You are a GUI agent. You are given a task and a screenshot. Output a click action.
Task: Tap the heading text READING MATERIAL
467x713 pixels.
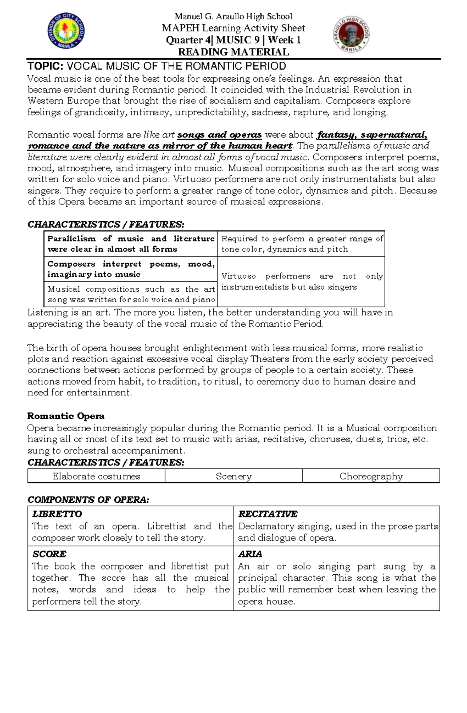click(x=233, y=52)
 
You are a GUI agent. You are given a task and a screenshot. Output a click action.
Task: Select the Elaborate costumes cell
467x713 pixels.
click(x=96, y=476)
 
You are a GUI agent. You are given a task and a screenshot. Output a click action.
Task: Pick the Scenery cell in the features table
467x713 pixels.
click(x=233, y=476)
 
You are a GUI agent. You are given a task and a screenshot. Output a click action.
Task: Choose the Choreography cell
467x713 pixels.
click(x=371, y=476)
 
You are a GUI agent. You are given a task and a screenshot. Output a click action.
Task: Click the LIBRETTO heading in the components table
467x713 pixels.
click(x=57, y=514)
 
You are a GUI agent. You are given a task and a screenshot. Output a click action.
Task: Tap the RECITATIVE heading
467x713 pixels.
click(x=268, y=514)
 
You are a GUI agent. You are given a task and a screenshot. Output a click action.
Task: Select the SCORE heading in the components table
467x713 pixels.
click(x=49, y=554)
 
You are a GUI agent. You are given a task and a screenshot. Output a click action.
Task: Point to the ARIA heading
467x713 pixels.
click(x=250, y=554)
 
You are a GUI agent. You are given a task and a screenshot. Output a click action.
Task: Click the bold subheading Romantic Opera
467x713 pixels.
click(x=66, y=416)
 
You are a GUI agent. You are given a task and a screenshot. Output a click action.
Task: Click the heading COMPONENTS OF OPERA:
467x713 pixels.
click(x=88, y=500)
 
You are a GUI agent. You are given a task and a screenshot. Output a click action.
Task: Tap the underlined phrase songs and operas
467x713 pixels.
click(x=219, y=135)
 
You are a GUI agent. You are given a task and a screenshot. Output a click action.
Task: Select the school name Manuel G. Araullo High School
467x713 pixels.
click(x=233, y=16)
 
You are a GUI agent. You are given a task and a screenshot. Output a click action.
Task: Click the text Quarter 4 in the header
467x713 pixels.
click(x=188, y=40)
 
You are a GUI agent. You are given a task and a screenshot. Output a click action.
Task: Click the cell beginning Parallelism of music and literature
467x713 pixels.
click(x=131, y=244)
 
